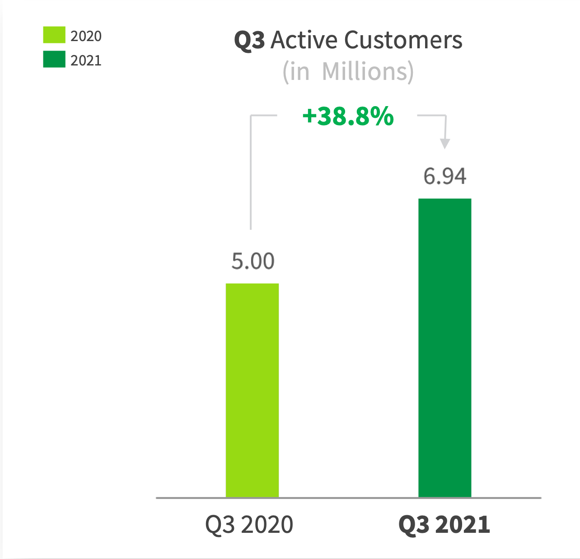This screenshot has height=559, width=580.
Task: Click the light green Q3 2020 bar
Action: (252, 390)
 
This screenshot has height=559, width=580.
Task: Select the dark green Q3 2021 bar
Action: (444, 348)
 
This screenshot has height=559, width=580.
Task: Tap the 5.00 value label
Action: (253, 261)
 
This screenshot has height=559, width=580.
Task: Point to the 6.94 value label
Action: (444, 176)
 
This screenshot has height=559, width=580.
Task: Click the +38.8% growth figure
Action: (348, 116)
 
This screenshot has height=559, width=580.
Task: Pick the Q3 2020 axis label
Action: (249, 525)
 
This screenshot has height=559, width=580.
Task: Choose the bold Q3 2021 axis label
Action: (444, 525)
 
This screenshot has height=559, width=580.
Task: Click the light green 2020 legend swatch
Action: (54, 35)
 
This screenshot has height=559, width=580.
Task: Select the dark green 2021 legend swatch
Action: (54, 59)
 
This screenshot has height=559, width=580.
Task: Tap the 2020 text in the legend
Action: (86, 36)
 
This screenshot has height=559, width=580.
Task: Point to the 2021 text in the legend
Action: (86, 61)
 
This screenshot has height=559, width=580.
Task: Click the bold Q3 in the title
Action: (249, 41)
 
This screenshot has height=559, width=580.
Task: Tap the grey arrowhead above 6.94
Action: (445, 144)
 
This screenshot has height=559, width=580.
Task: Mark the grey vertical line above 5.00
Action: (251, 181)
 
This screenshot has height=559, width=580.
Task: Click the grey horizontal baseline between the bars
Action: (348, 498)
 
